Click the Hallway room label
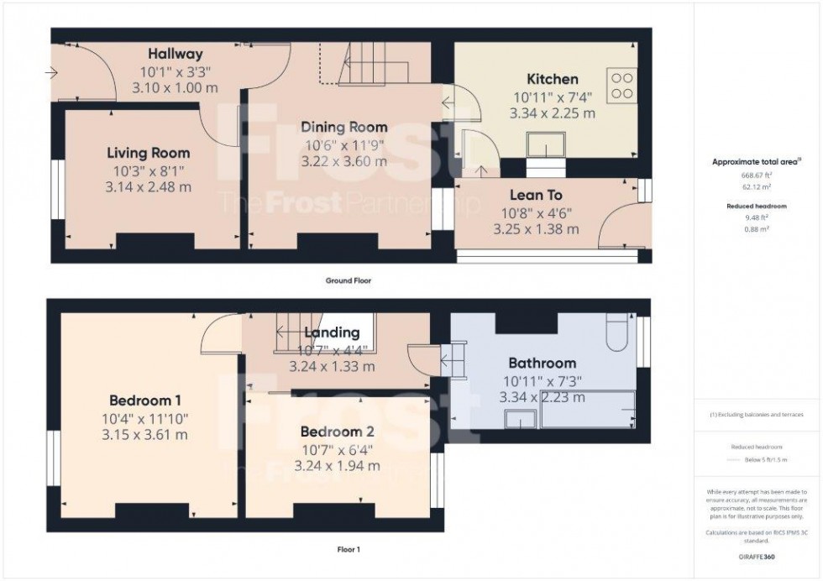176,54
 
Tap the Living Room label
148,153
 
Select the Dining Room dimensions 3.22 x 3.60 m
344,160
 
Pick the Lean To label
536,195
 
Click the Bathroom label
542,364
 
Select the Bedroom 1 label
145,400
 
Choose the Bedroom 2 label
338,432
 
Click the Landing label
332,333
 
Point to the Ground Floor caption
349,281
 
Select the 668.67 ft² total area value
757,175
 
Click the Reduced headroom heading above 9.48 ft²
757,206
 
